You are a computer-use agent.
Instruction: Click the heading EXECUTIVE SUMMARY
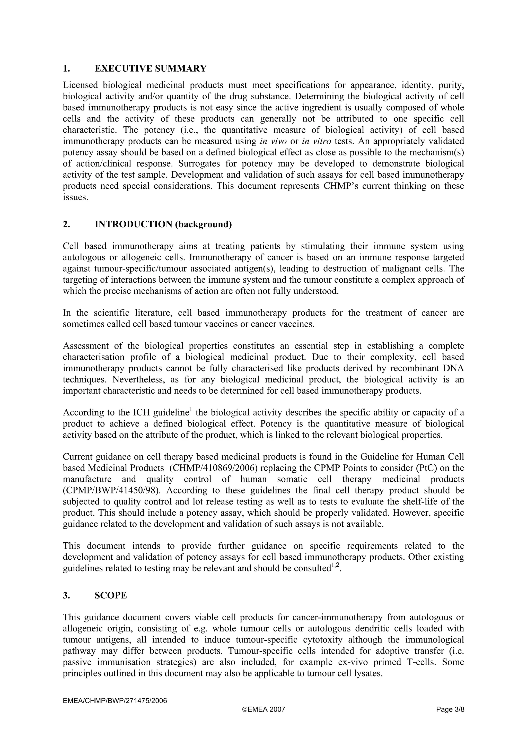(x=151, y=68)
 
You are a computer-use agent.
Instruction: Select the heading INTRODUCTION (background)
(x=163, y=224)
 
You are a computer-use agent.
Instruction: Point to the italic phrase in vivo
(x=273, y=141)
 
